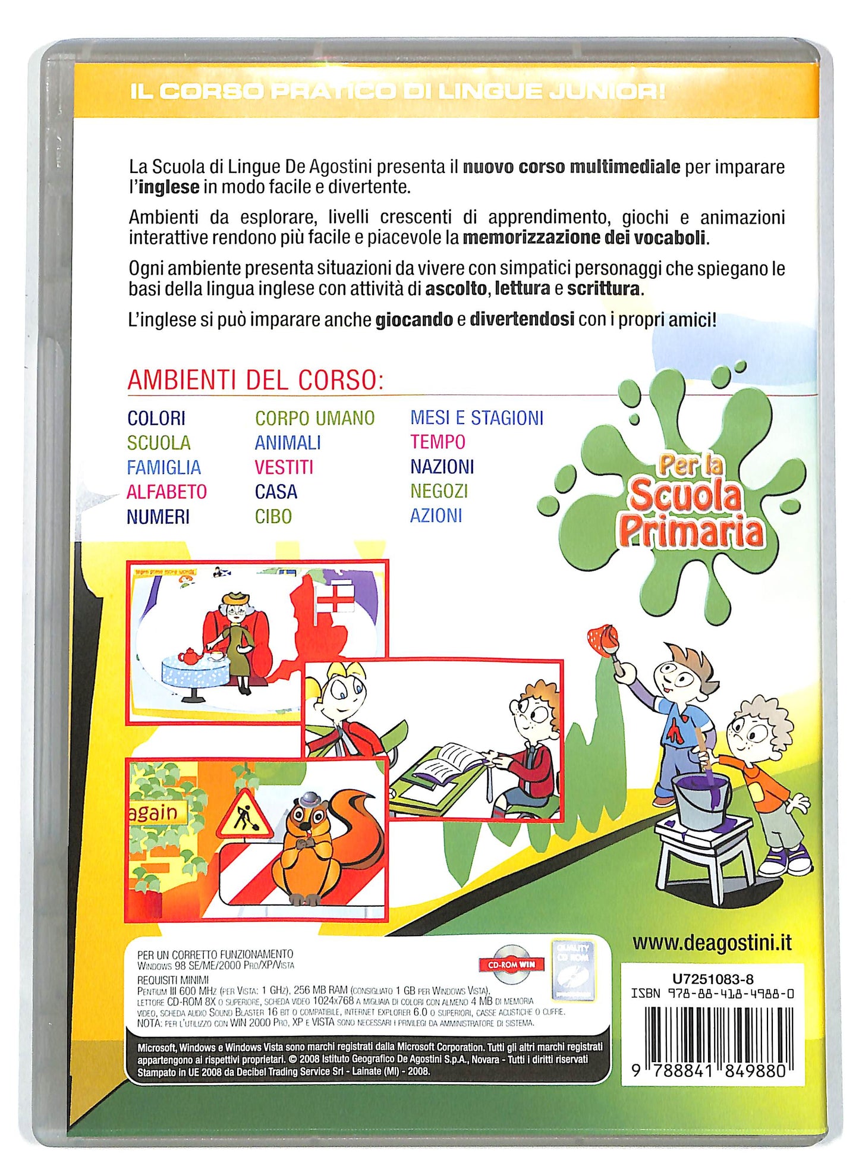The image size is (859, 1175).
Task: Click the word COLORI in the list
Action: click(156, 419)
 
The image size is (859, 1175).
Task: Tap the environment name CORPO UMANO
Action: click(314, 419)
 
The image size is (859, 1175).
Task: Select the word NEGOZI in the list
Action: click(439, 491)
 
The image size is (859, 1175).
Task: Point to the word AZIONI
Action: click(436, 516)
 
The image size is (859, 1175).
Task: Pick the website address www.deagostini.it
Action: click(712, 943)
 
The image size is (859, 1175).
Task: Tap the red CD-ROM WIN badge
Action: click(511, 964)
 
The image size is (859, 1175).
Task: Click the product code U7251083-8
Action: click(713, 979)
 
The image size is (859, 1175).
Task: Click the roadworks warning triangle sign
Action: click(244, 815)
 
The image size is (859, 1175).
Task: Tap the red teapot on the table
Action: click(190, 655)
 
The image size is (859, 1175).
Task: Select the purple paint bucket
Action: click(701, 800)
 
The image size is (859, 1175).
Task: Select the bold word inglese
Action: click(169, 187)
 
